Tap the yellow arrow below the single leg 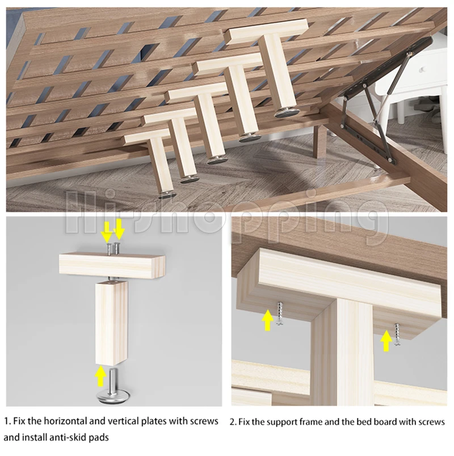point(100,375)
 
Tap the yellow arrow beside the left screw point(267,319)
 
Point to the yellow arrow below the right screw point(386,340)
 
